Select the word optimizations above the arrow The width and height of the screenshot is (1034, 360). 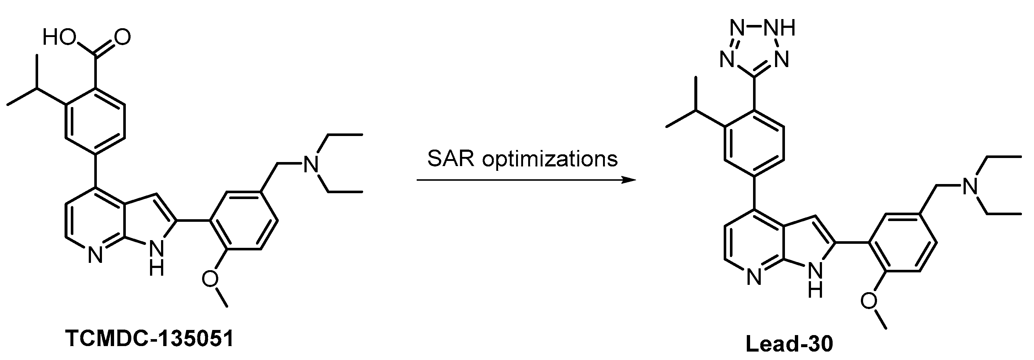pyautogui.click(x=550, y=159)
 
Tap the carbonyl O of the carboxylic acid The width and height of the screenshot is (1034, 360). pyautogui.click(x=122, y=37)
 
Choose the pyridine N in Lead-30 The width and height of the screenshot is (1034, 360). pyautogui.click(x=754, y=277)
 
